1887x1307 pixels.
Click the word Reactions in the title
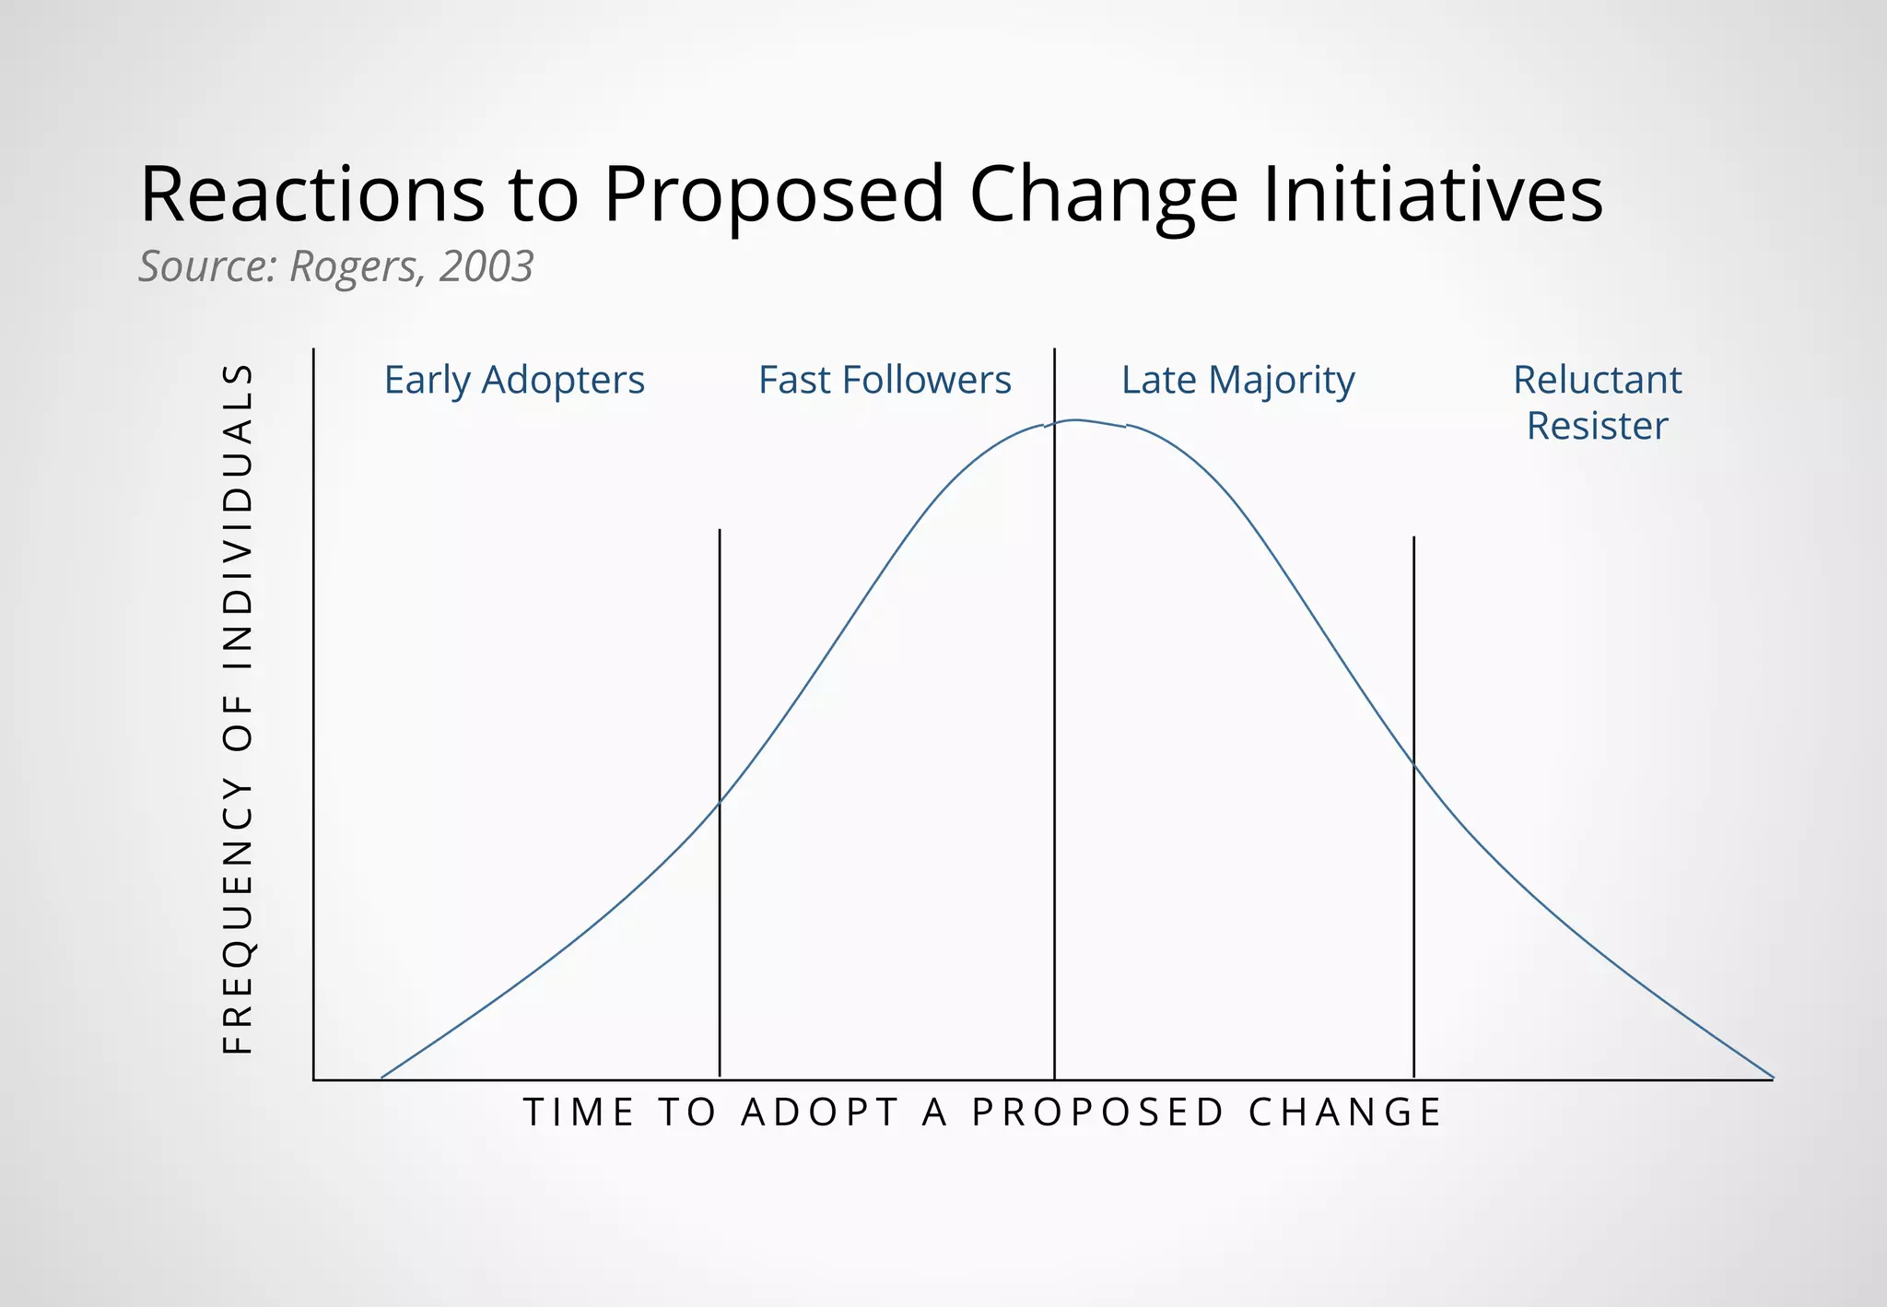coord(311,194)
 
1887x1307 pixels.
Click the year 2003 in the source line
coord(486,266)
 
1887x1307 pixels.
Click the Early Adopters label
coord(514,380)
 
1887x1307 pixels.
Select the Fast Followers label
coord(885,380)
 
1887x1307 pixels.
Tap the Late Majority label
coord(1237,381)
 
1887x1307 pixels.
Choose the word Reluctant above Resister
coord(1597,380)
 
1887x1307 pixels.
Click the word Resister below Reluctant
coord(1597,426)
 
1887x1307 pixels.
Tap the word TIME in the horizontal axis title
coord(579,1113)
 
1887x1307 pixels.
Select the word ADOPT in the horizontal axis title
coord(820,1113)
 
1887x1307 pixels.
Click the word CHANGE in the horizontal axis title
coord(1345,1113)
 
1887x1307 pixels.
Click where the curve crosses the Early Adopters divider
coord(720,803)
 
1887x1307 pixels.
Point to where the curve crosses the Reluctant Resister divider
coord(1413,764)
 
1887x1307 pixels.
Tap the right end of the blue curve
coord(1773,1077)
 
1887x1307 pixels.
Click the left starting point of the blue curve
coord(381,1077)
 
